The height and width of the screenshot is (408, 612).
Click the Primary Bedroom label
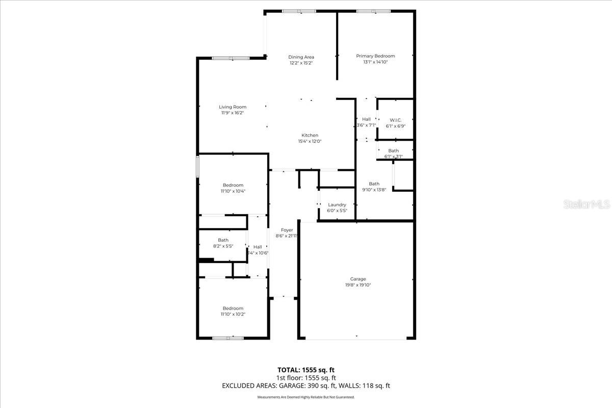(375, 56)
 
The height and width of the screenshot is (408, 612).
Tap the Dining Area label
(301, 57)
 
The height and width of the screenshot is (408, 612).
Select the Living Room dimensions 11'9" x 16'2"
(233, 113)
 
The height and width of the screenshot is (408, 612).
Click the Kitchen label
(310, 135)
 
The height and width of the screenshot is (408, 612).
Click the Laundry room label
(337, 205)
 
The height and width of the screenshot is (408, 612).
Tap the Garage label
(358, 279)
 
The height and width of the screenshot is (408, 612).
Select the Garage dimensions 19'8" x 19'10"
(358, 285)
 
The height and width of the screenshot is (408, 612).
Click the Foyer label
(287, 230)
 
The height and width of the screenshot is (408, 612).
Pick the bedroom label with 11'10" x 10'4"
(233, 185)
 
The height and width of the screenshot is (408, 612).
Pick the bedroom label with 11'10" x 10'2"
(233, 308)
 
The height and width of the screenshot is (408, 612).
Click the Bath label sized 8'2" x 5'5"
(223, 240)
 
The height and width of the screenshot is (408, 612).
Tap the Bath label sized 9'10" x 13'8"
(374, 184)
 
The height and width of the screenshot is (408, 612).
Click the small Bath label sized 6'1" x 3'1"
(394, 150)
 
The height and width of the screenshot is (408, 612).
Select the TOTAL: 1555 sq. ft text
(306, 370)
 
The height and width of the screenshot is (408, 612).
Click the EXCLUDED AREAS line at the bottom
(306, 386)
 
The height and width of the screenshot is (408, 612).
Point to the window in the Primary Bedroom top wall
(373, 11)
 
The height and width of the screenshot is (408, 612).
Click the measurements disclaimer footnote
(306, 397)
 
